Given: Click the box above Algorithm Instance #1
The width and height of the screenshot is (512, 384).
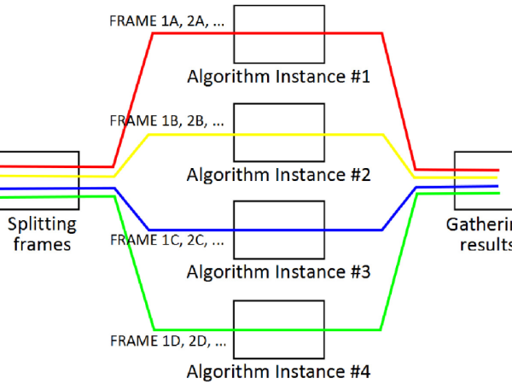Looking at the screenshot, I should (x=278, y=19).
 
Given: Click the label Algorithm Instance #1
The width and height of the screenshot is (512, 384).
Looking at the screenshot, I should (x=278, y=78).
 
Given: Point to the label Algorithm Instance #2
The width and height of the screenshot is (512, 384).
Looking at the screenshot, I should (x=278, y=175).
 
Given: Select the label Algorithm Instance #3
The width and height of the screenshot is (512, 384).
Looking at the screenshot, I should (x=278, y=273).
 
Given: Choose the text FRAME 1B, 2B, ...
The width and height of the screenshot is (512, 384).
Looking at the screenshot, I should (x=166, y=120).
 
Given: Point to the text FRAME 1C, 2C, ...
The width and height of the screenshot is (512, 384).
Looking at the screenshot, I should (x=166, y=241).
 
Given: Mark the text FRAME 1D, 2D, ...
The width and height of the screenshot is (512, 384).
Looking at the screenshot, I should (x=166, y=341).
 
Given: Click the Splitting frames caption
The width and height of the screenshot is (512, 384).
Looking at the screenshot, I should (x=42, y=234).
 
